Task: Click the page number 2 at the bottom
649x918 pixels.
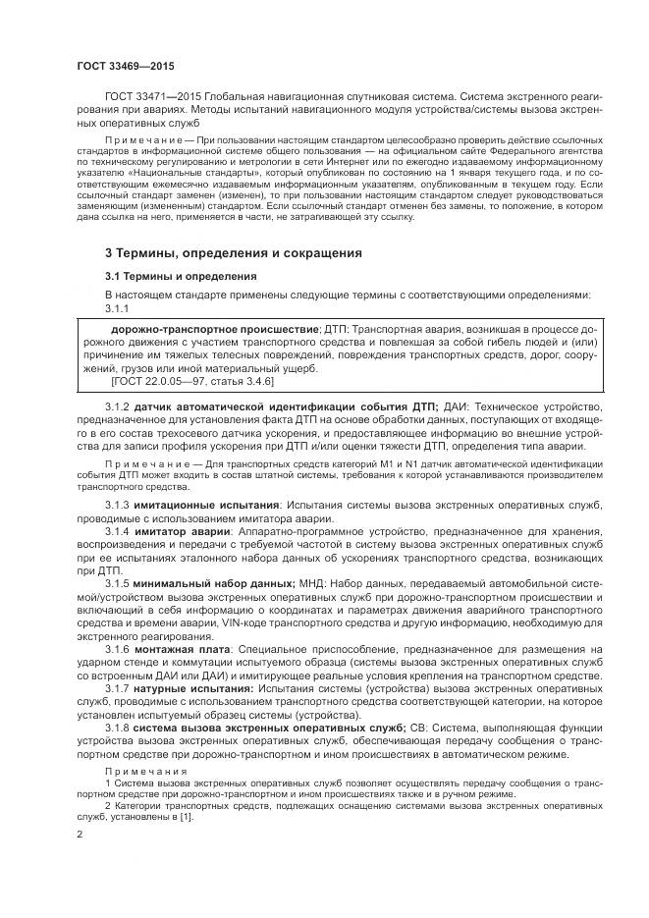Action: coord(81,833)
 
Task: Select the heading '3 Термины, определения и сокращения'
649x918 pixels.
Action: coord(233,252)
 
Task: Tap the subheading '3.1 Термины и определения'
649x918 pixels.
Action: coord(181,277)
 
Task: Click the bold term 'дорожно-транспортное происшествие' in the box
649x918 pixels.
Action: coord(215,328)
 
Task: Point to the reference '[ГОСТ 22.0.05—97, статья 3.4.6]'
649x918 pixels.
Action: coord(190,380)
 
